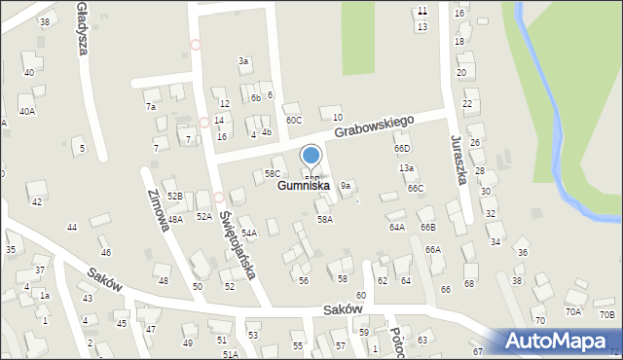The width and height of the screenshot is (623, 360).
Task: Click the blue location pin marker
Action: [311, 157]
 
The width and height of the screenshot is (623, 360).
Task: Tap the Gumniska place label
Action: [303, 185]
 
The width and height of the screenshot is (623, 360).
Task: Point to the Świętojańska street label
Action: [237, 234]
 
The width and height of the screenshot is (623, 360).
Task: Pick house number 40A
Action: [27, 112]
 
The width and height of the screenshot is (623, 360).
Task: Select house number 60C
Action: [293, 120]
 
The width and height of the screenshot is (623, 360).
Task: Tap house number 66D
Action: [402, 148]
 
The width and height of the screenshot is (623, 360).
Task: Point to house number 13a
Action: [406, 168]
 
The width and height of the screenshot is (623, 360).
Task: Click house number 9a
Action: [345, 185]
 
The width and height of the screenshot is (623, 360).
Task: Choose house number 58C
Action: [273, 173]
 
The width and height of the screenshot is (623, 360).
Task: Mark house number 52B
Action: [174, 196]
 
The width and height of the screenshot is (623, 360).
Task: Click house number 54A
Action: [248, 234]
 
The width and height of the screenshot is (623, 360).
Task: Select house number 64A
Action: [397, 227]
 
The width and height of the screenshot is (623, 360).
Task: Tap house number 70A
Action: [573, 311]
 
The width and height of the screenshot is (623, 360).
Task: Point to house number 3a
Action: [243, 60]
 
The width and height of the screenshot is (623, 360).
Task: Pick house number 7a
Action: [151, 106]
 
